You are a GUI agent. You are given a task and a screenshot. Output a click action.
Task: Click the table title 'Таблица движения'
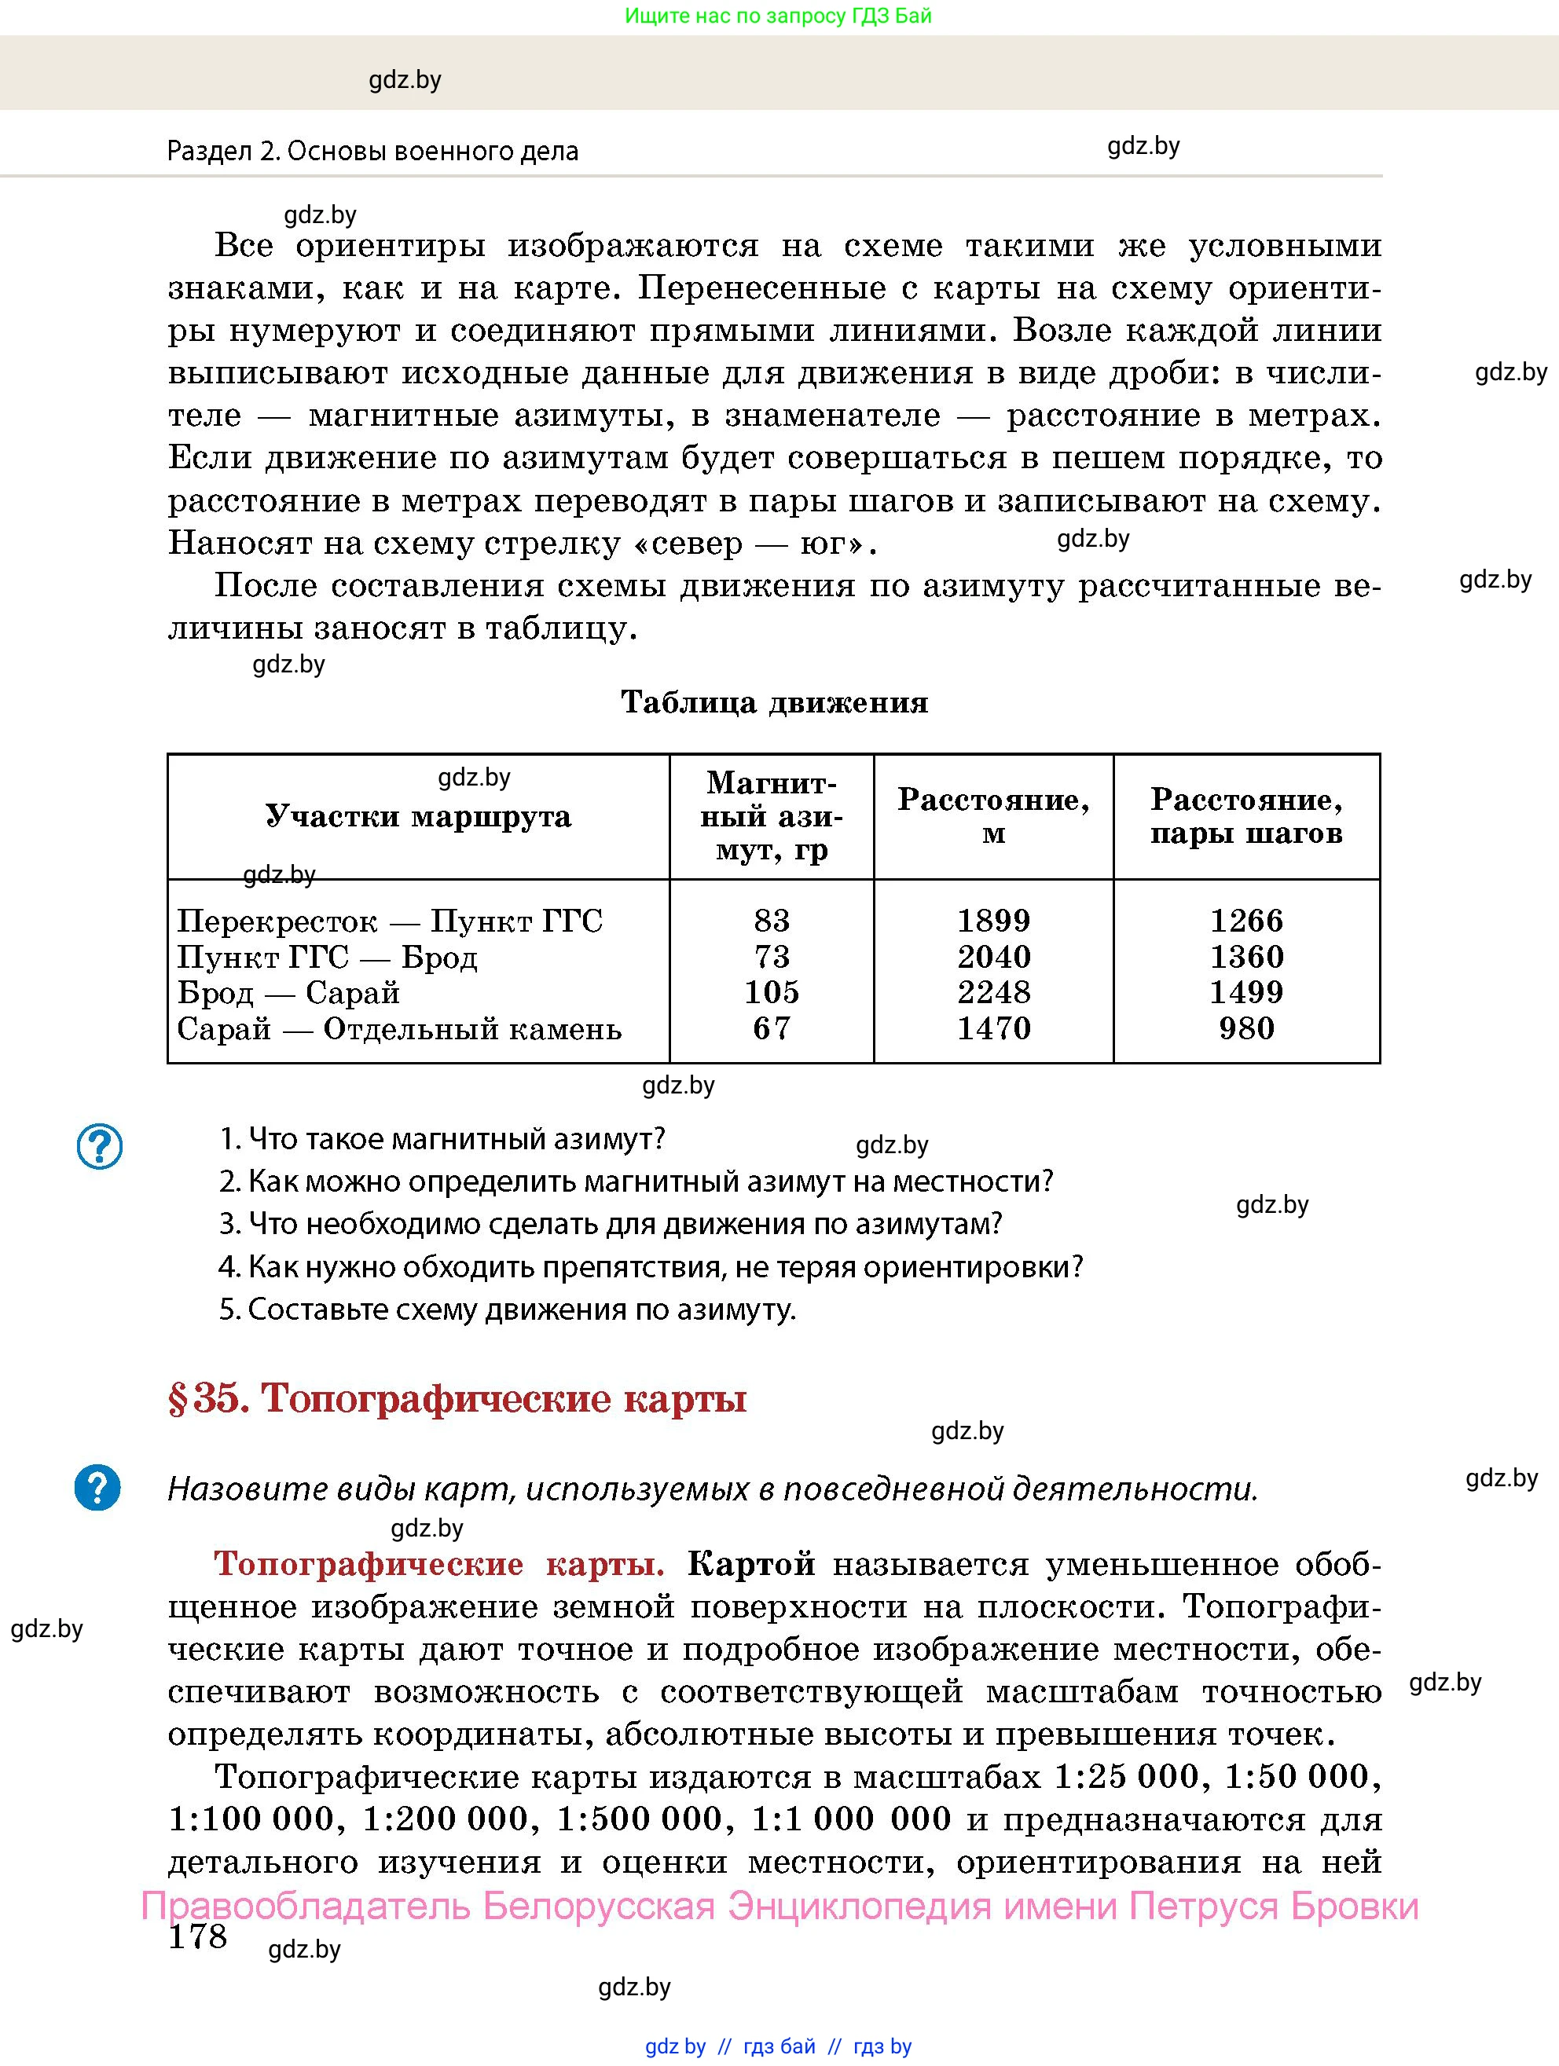tap(774, 702)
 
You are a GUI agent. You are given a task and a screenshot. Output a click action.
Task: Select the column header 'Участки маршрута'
tap(419, 816)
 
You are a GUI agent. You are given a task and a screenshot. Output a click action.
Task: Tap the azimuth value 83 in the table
tap(772, 920)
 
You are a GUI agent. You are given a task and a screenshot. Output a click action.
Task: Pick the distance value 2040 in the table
tap(993, 957)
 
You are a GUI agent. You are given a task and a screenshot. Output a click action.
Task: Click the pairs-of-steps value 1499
tap(1246, 992)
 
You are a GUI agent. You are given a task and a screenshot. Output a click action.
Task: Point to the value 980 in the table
tap(1246, 1028)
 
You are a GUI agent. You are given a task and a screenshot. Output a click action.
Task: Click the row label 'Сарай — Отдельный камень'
tap(399, 1028)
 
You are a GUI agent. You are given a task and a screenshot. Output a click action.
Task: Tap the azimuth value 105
tap(772, 992)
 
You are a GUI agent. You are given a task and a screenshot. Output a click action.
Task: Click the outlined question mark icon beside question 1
tap(99, 1146)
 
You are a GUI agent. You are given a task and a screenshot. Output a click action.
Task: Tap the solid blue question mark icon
tap(97, 1487)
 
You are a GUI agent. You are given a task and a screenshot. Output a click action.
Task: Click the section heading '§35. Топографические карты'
tap(457, 1398)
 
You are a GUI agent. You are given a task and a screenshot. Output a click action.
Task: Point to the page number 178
tap(197, 1936)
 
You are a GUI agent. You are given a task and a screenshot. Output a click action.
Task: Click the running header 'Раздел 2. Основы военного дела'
tap(372, 152)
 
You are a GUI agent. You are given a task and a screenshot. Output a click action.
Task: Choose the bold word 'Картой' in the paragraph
tap(751, 1563)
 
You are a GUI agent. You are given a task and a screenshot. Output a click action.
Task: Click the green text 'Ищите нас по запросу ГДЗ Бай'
tap(778, 16)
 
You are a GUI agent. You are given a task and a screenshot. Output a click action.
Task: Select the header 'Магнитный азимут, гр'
tap(772, 816)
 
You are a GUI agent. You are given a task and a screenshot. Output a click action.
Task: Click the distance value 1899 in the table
tap(993, 920)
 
